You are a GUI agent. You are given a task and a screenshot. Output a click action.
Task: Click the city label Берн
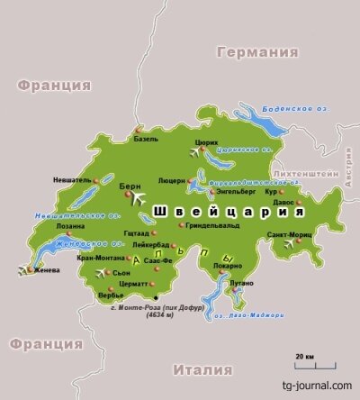[129, 183]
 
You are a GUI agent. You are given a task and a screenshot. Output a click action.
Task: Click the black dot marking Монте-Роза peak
[156, 297]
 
